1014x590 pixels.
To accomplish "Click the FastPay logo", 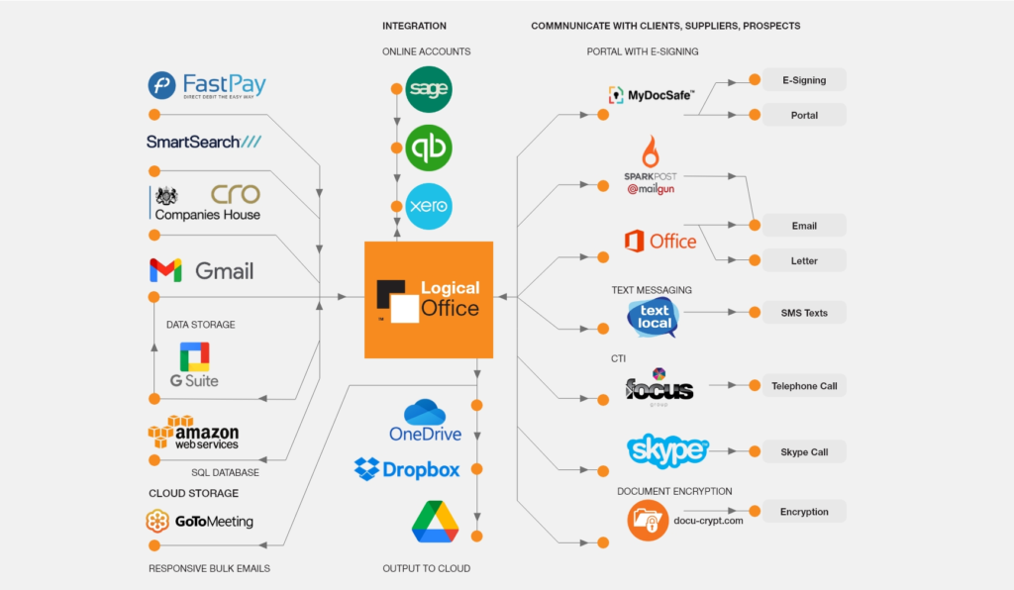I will click(207, 86).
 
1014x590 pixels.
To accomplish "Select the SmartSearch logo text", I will click(204, 142).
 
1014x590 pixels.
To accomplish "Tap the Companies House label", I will click(208, 214).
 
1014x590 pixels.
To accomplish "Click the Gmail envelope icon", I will click(165, 270).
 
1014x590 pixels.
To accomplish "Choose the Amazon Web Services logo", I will click(194, 433).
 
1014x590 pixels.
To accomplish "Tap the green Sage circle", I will click(429, 89).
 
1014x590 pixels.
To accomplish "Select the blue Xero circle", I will click(429, 207).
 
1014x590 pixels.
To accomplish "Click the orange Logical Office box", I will click(429, 299).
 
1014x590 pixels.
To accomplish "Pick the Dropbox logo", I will click(407, 469).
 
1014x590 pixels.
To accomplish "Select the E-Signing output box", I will click(803, 80).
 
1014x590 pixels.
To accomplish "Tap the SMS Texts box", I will click(803, 313).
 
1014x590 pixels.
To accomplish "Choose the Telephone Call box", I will click(803, 386).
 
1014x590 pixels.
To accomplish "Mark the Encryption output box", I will click(803, 512).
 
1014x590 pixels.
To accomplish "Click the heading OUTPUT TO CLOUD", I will click(427, 568).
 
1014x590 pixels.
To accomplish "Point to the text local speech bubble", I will click(654, 318).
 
